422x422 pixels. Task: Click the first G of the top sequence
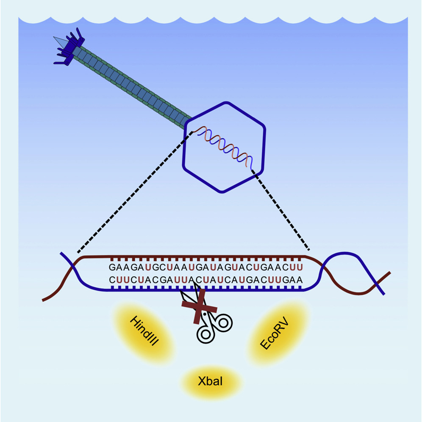point(112,267)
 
